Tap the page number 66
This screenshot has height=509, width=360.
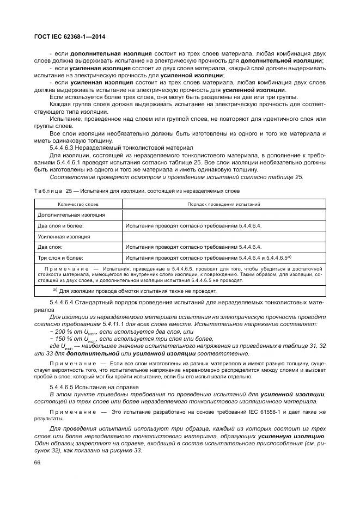pyautogui.click(x=38, y=463)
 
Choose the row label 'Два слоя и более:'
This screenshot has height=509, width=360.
pyautogui.click(x=60, y=225)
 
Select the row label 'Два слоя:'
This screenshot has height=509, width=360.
pyautogui.click(x=50, y=247)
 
